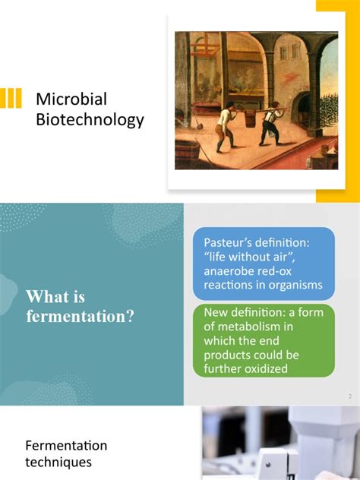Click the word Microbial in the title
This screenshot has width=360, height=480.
[x=71, y=99]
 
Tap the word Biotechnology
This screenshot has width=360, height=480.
[x=90, y=120]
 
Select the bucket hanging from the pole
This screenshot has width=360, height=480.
[x=250, y=118]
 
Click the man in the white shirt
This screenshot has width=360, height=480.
[x=224, y=126]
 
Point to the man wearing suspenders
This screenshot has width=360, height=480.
[x=271, y=123]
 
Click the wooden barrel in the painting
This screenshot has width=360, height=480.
[x=187, y=153]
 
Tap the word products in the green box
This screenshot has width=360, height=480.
[x=225, y=355]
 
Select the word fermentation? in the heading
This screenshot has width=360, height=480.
[x=80, y=316]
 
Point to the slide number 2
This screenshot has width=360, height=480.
[x=350, y=396]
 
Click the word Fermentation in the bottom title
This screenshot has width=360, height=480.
[x=66, y=445]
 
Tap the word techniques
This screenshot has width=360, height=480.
[x=58, y=462]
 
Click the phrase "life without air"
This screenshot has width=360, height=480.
[x=249, y=257]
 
